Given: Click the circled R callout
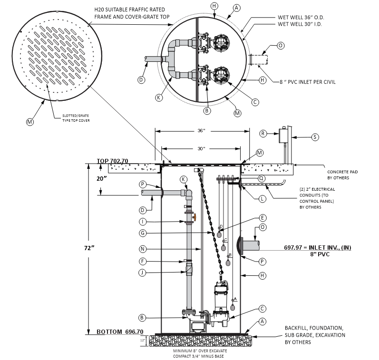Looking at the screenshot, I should point(263,134).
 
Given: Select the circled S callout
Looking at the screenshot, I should point(314,137).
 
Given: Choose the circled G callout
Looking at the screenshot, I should point(142,233).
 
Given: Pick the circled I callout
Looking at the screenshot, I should point(142,222).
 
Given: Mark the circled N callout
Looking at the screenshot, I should point(142,249).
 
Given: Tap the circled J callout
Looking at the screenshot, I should point(142,272).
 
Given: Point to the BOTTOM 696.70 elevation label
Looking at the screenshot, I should point(120,331).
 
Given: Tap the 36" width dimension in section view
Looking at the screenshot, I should point(201,131).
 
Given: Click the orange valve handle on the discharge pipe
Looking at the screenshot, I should point(194,217).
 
